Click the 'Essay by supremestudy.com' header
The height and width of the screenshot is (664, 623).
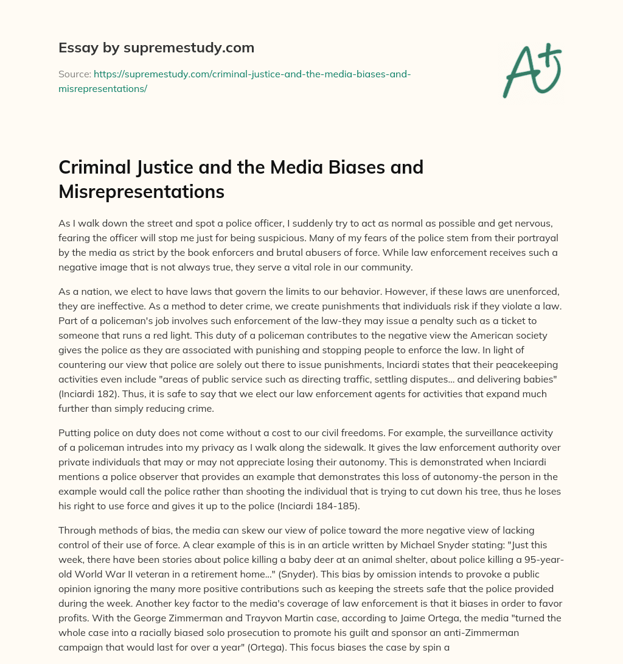tap(156, 48)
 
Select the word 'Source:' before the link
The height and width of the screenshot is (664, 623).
tap(74, 74)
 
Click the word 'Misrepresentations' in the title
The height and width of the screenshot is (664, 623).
tap(141, 191)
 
